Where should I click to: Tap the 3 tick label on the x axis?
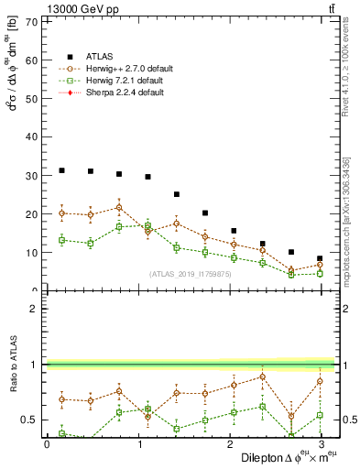[x=321, y=444]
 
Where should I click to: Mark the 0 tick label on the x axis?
[x=47, y=444]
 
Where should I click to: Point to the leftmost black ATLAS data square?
[x=61, y=170]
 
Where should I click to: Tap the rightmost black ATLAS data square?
[x=320, y=258]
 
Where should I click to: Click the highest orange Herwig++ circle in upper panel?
[x=119, y=207]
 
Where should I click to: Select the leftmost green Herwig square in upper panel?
[x=61, y=240]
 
